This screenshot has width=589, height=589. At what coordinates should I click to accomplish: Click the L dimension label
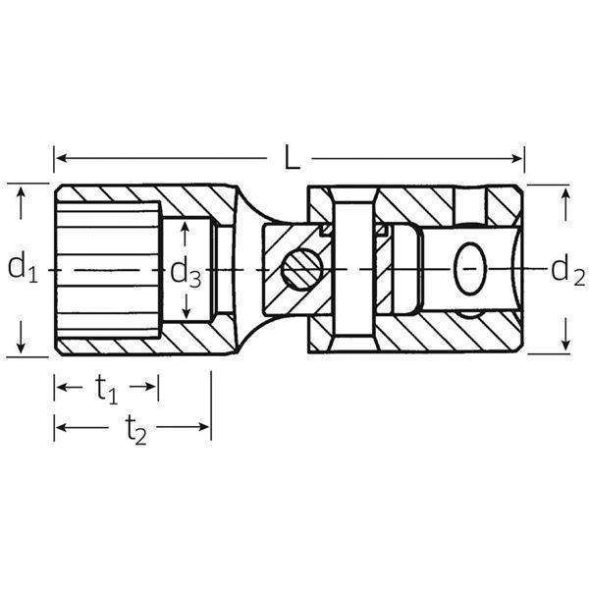pos(291,157)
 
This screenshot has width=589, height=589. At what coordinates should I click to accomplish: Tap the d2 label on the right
pos(562,268)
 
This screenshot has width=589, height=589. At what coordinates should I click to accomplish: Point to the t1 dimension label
pos(106,389)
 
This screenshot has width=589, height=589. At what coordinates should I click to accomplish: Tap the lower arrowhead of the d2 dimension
pos(565,346)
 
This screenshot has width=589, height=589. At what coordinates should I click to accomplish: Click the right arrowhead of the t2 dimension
pos(205,428)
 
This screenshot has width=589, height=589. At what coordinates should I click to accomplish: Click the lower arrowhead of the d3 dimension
pos(186,311)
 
